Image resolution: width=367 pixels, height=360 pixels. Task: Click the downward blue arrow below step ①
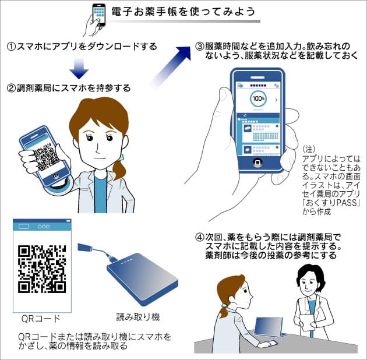point(79,68)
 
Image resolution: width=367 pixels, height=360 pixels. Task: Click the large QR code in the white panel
point(42,268)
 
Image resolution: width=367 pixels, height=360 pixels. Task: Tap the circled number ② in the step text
point(11,88)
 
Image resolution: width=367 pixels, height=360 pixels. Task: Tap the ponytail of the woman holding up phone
point(120,169)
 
